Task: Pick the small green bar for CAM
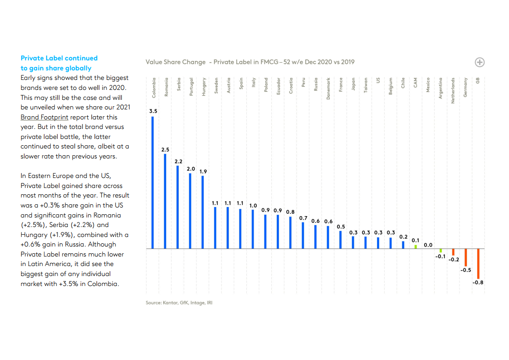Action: coord(416,247)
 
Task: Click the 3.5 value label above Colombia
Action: coord(153,111)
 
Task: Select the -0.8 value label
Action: coord(478,282)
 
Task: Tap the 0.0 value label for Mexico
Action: coord(428,245)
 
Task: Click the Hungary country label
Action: coord(204,86)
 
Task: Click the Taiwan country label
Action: coord(366,85)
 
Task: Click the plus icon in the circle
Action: coord(480,62)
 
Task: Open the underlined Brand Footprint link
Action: coord(44,117)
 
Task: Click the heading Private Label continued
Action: coord(59,58)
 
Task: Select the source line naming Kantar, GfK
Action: coord(179,302)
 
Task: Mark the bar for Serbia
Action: coord(178,207)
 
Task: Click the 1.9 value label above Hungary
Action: coord(203,171)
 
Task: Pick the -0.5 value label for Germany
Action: coord(465,270)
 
